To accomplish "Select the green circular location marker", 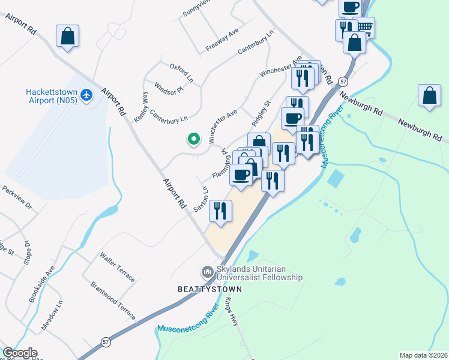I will click(193, 139).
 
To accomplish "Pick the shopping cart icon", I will click(365, 27).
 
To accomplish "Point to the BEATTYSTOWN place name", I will click(209, 289).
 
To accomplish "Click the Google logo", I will click(20, 353).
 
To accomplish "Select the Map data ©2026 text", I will click(423, 355).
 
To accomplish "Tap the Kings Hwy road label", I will click(232, 312).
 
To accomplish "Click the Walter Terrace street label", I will click(118, 267).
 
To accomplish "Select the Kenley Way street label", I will click(141, 107).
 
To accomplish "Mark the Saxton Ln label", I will click(201, 199).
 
